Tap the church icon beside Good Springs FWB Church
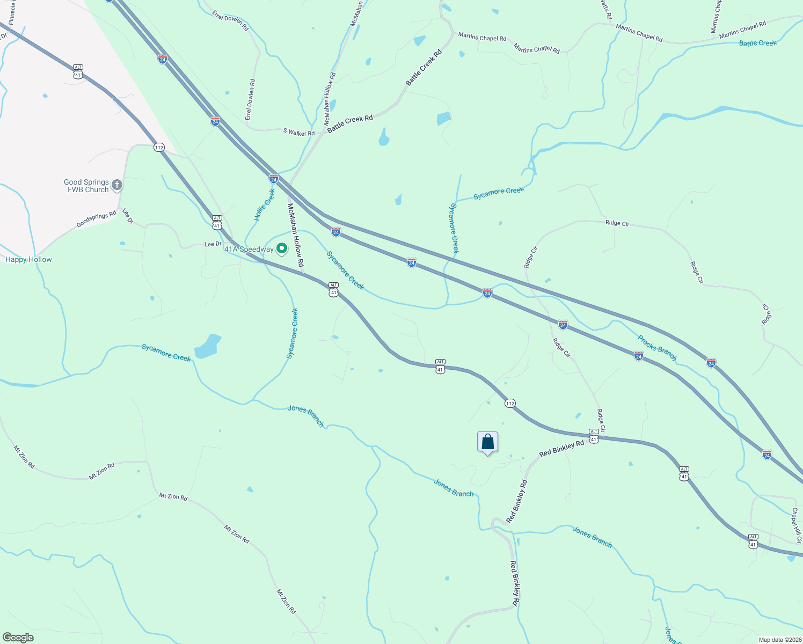coord(117,186)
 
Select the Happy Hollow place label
coord(28,259)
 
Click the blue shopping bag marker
coord(487,443)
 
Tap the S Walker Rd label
coord(299,132)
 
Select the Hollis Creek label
coord(265,204)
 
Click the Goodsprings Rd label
coord(97,219)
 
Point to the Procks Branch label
coord(657,348)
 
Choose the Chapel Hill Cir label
coord(797,526)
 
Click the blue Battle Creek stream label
coord(758,43)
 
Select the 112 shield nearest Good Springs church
coord(159,147)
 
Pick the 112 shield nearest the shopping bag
coord(510,403)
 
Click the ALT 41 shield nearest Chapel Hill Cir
coord(753,541)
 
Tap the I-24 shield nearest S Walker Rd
coord(274,178)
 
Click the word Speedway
coord(257,249)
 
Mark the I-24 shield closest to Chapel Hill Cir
coord(767,455)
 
